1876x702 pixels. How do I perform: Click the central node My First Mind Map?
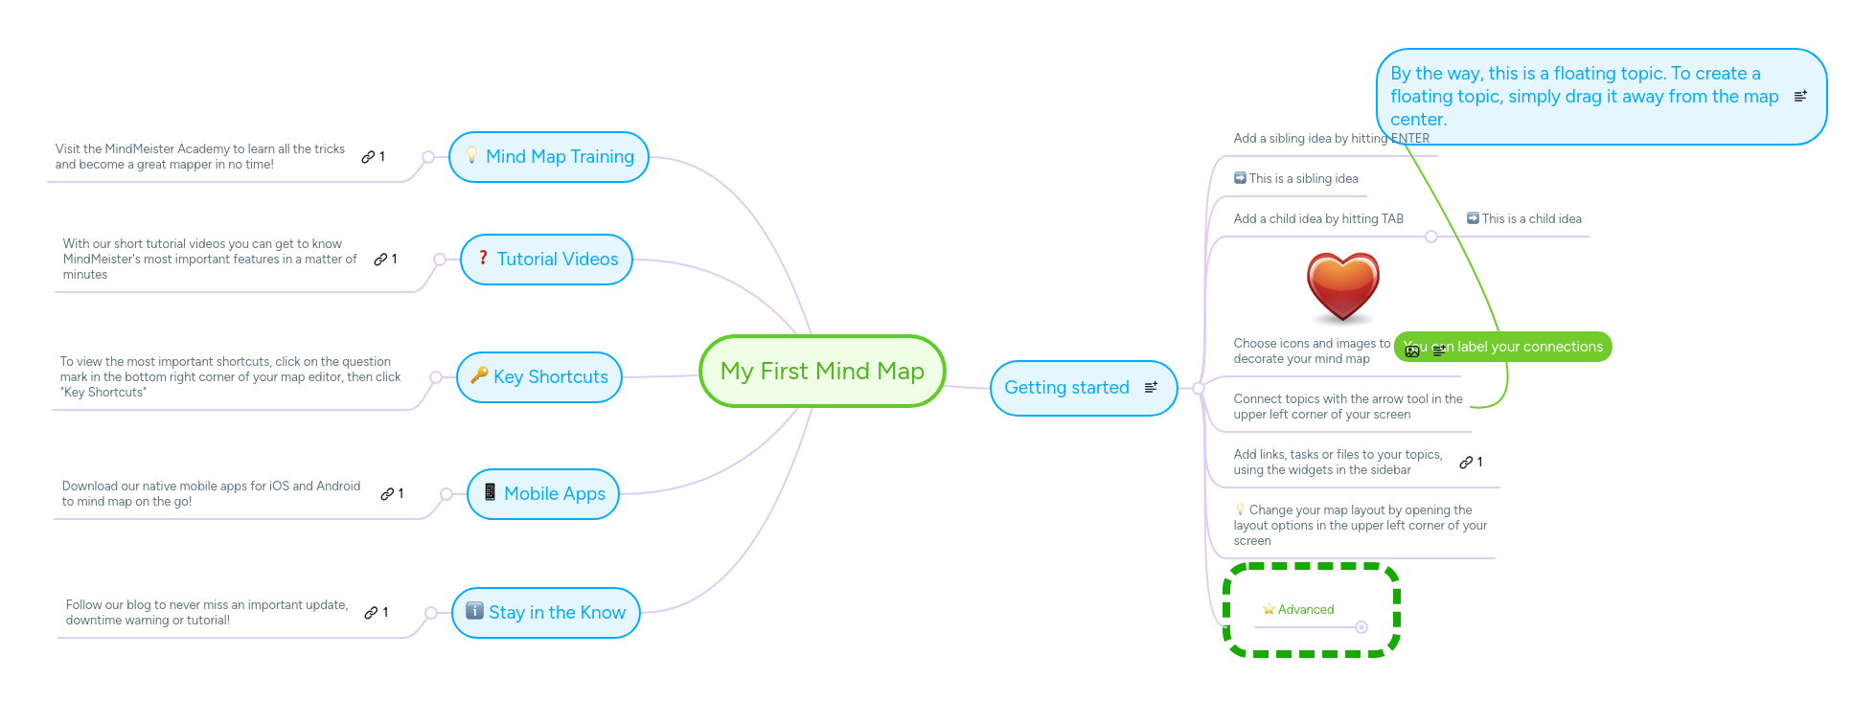822,372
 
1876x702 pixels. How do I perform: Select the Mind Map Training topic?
560,157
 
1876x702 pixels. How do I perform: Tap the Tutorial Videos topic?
557,260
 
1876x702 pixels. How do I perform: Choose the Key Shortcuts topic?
550,377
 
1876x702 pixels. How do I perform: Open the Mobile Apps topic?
554,494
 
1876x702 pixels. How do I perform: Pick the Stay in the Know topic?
557,613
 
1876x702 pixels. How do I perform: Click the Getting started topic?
1066,388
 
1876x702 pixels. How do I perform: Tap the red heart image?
1342,286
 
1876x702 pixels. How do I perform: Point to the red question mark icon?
483,258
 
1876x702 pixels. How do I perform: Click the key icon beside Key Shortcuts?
479,375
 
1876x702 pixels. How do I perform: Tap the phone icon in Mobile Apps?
490,492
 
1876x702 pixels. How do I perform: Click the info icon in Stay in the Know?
474,611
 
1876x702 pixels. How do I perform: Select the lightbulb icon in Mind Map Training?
471,155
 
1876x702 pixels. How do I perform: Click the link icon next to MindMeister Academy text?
368,157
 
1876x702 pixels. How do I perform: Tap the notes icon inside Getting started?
1151,387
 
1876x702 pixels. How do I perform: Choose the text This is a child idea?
1531,219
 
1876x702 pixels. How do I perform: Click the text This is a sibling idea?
1303,179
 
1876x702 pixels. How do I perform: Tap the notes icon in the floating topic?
1800,96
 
